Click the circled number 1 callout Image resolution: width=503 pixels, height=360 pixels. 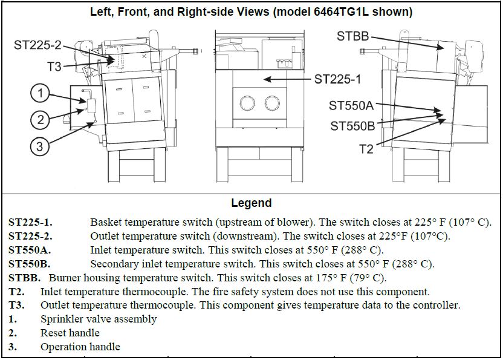pyautogui.click(x=40, y=93)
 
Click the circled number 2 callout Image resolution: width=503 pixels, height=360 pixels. pyautogui.click(x=40, y=119)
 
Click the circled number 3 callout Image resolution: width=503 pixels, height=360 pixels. pyautogui.click(x=40, y=146)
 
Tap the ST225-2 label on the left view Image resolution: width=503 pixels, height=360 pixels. pyautogui.click(x=37, y=45)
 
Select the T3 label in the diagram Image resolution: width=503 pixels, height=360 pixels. pyautogui.click(x=54, y=67)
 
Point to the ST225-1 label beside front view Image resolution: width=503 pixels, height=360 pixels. pyautogui.click(x=338, y=79)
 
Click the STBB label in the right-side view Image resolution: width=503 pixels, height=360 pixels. pyautogui.click(x=352, y=36)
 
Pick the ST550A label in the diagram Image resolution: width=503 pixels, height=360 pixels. pyautogui.click(x=351, y=106)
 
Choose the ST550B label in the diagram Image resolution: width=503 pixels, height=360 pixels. pyautogui.click(x=352, y=126)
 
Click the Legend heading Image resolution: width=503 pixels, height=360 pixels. pyautogui.click(x=251, y=203)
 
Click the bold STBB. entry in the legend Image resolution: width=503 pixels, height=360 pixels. pyautogui.click(x=25, y=278)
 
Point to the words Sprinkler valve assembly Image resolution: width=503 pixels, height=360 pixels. pyautogui.click(x=99, y=319)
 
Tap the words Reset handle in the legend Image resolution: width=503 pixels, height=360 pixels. pyautogui.click(x=70, y=333)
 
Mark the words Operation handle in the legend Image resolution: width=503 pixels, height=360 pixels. pyautogui.click(x=80, y=347)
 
